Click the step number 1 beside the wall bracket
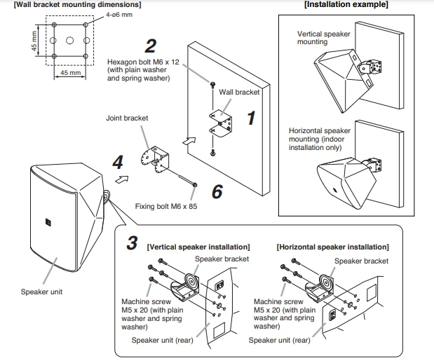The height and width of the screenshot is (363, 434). coord(250,118)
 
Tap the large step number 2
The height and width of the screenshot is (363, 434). coord(151,46)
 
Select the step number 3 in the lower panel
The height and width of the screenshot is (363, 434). coord(132,244)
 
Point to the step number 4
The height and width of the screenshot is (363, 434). coord(118,163)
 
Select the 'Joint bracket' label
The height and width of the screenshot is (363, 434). coord(127,118)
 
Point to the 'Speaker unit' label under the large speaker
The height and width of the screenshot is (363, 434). coord(40,291)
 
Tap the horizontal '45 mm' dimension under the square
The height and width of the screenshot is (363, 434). coord(69,72)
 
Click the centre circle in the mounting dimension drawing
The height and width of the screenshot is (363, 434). coord(69,40)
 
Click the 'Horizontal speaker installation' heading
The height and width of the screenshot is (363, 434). coord(332,247)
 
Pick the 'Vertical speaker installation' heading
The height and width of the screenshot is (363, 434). coord(198,247)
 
